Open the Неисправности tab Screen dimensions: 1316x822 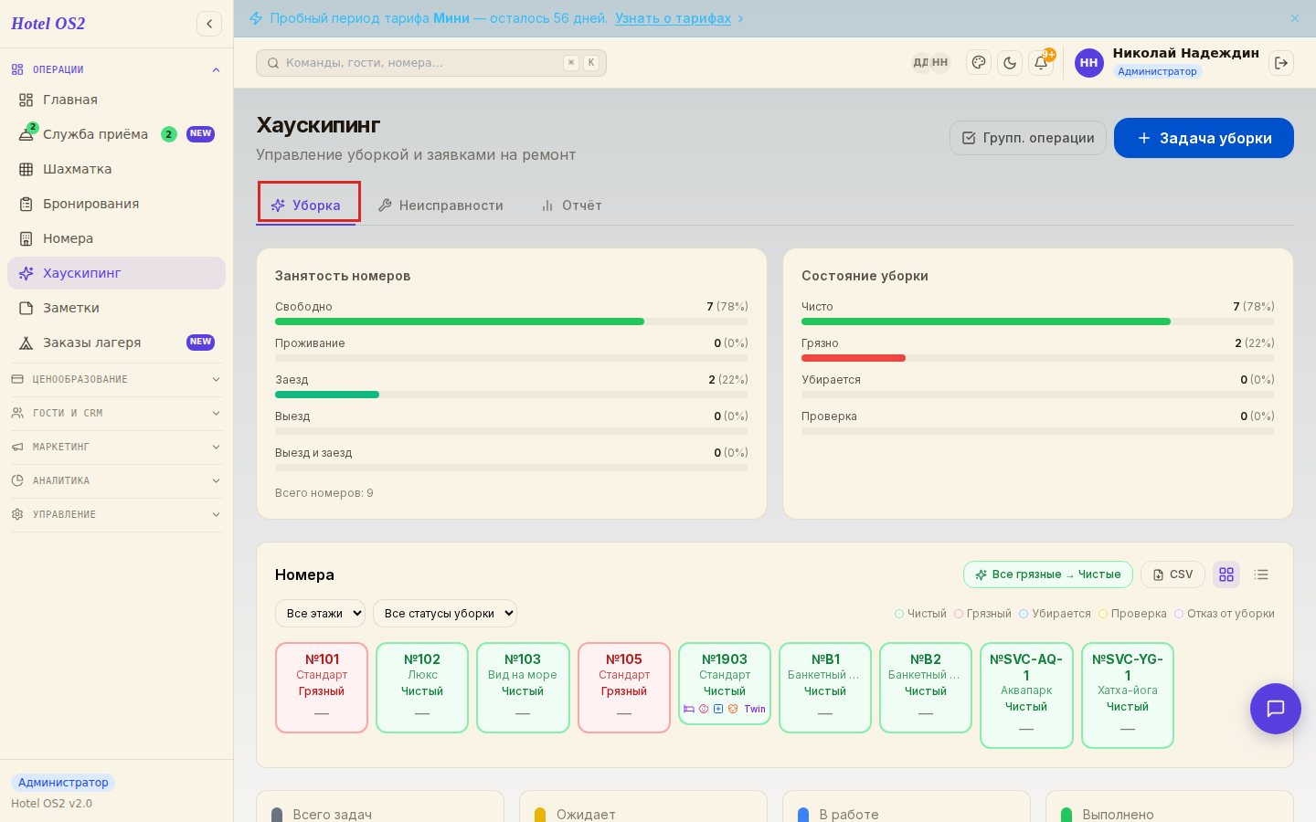click(441, 205)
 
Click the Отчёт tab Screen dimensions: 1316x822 click(572, 205)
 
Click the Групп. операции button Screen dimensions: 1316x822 click(1028, 138)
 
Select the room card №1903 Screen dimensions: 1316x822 click(725, 683)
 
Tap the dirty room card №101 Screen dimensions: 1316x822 click(322, 688)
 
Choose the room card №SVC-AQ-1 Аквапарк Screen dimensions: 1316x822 click(1026, 695)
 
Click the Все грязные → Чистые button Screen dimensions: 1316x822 click(1048, 574)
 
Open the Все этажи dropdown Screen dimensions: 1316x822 click(320, 613)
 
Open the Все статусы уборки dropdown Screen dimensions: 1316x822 click(445, 613)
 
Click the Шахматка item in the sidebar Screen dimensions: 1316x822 click(77, 169)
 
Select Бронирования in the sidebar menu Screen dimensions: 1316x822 click(91, 204)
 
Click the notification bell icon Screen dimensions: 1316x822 click(1041, 62)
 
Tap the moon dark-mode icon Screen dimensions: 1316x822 click(1010, 62)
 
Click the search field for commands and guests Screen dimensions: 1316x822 click(431, 63)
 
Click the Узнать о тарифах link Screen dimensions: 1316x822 click(674, 18)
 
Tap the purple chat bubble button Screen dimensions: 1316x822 click(1276, 709)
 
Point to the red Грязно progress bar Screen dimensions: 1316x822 click(853, 358)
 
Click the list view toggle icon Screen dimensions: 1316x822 click(1261, 574)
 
